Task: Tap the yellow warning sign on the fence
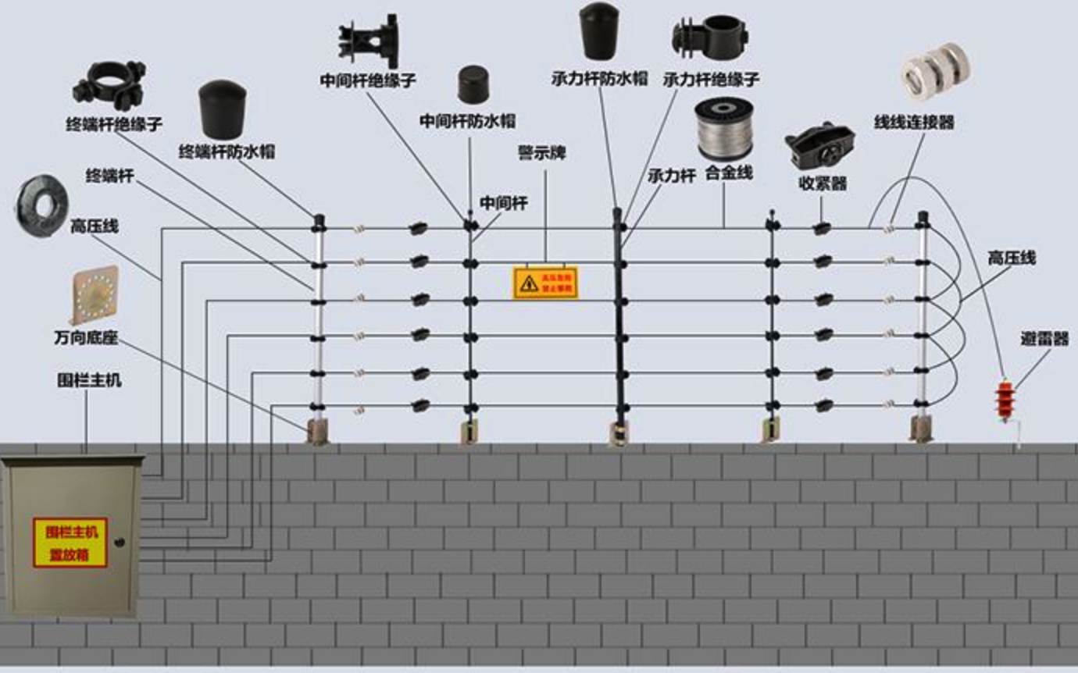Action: tap(544, 283)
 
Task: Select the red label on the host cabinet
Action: tap(70, 542)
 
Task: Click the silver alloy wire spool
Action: tap(723, 129)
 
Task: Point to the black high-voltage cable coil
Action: tap(41, 205)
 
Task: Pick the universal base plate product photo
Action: tap(95, 294)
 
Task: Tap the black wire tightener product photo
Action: tap(819, 145)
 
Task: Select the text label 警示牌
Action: tap(541, 153)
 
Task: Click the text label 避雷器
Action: tap(1044, 339)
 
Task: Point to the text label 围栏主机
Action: tap(89, 382)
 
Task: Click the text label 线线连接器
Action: tap(914, 122)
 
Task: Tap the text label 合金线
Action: tap(728, 173)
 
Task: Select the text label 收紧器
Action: tap(823, 184)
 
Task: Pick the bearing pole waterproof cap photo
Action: tap(600, 31)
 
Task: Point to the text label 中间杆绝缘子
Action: tap(367, 80)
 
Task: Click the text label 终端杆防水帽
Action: tap(227, 151)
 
